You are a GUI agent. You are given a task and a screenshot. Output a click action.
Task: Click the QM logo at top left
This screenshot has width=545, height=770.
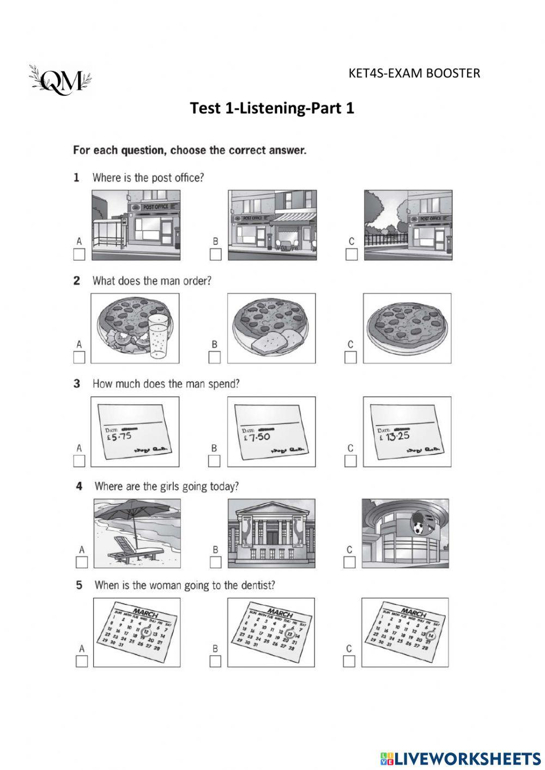pyautogui.click(x=60, y=81)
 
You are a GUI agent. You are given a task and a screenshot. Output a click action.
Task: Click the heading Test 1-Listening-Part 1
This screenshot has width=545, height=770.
pyautogui.click(x=272, y=108)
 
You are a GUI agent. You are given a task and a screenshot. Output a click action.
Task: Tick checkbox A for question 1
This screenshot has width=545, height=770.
pyautogui.click(x=80, y=254)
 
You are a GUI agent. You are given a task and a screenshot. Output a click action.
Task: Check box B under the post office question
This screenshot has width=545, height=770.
pyautogui.click(x=216, y=254)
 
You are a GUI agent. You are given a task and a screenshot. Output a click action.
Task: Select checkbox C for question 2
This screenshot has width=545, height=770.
pyautogui.click(x=351, y=357)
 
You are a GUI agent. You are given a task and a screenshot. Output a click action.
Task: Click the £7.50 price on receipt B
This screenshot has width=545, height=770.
pyautogui.click(x=256, y=436)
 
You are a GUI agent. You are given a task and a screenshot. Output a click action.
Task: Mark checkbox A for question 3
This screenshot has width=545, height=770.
pyautogui.click(x=80, y=460)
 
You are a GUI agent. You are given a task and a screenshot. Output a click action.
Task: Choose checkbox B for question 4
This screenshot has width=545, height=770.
pyautogui.click(x=216, y=562)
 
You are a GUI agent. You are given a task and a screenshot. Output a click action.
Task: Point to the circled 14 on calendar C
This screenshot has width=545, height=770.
pyautogui.click(x=431, y=635)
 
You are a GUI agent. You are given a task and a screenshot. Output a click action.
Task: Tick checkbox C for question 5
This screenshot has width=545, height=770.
pyautogui.click(x=349, y=661)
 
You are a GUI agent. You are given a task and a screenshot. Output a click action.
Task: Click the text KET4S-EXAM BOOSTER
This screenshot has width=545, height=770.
pyautogui.click(x=414, y=73)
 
